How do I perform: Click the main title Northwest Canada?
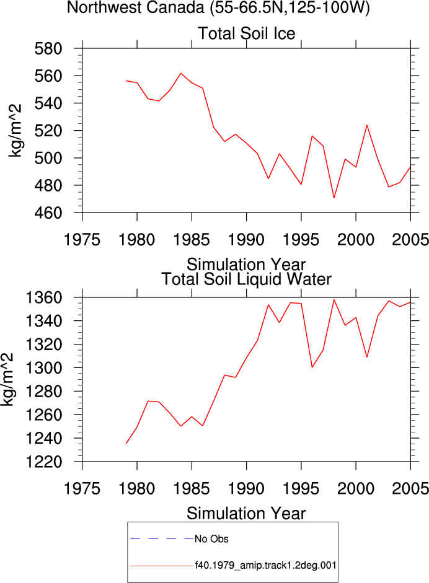click(135, 7)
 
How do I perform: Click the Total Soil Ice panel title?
click(246, 33)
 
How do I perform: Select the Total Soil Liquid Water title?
click(246, 279)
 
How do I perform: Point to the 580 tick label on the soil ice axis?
click(48, 48)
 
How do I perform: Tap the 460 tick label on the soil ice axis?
click(48, 213)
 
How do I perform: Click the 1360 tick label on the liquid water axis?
click(44, 297)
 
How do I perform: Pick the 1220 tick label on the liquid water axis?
click(44, 462)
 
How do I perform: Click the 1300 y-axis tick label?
click(44, 368)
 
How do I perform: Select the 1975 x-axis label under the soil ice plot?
click(82, 239)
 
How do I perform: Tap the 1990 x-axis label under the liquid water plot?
click(246, 488)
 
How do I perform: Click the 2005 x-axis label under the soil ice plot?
click(410, 239)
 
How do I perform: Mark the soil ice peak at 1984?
click(181, 73)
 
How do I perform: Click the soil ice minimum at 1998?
click(334, 198)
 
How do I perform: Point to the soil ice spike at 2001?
click(367, 125)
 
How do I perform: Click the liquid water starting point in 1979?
click(126, 444)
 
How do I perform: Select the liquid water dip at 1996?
click(312, 367)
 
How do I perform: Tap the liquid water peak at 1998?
click(334, 300)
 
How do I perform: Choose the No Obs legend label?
click(211, 539)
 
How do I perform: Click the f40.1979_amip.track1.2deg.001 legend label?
click(266, 566)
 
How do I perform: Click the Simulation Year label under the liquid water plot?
click(246, 514)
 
